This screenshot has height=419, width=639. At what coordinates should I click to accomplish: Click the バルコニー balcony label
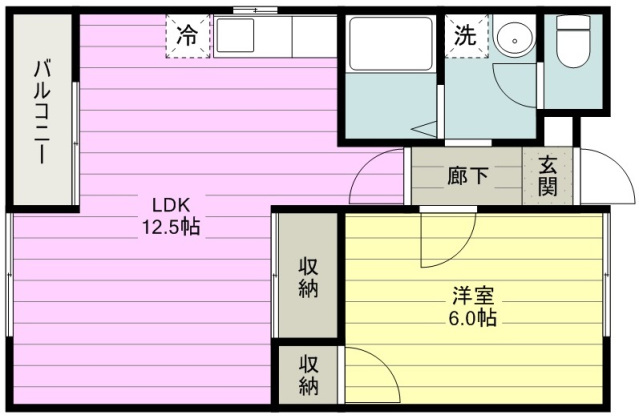(x=42, y=112)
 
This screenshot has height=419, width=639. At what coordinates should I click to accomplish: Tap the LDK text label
(x=171, y=205)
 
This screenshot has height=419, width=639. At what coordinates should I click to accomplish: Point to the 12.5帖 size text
(x=171, y=227)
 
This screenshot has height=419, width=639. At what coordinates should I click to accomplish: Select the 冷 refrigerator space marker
(x=187, y=36)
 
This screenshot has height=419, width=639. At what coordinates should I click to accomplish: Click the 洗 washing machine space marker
(x=466, y=35)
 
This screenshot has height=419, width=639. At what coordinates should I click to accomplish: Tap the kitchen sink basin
(x=235, y=35)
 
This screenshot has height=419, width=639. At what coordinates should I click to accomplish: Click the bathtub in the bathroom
(x=391, y=44)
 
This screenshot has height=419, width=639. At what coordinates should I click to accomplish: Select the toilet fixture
(x=573, y=42)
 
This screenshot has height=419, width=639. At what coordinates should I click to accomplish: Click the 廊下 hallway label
(x=467, y=176)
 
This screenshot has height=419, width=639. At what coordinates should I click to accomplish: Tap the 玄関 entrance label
(x=547, y=176)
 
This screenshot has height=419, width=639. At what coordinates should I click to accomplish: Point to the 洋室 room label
(x=473, y=296)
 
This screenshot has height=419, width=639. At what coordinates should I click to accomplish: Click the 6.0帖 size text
(x=473, y=318)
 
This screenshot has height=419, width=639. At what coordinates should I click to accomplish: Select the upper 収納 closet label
(x=308, y=278)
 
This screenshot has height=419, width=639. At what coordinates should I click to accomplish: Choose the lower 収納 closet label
(x=308, y=375)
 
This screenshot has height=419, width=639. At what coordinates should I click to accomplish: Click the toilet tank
(x=573, y=23)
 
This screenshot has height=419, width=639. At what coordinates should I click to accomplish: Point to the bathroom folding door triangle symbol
(x=424, y=129)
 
